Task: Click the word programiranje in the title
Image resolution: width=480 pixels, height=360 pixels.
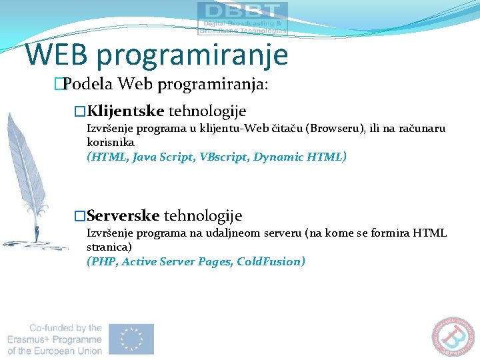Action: [192, 55]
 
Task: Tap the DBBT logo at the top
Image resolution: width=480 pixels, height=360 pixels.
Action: [243, 18]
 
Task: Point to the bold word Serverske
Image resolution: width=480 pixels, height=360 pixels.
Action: [123, 216]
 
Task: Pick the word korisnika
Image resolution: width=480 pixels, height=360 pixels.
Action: [111, 142]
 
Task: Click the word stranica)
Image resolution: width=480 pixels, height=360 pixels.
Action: [109, 247]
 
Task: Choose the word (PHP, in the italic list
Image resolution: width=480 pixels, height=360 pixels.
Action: [103, 261]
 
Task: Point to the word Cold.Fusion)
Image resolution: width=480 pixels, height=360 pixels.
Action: [271, 261]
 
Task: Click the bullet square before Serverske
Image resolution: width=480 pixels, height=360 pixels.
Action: [80, 216]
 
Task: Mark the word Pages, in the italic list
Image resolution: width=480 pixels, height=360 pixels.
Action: [215, 261]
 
